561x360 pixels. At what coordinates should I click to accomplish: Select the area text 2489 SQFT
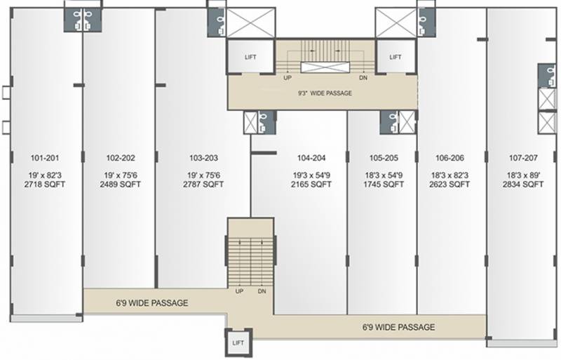click(120, 185)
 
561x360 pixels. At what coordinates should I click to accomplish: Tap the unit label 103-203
click(203, 158)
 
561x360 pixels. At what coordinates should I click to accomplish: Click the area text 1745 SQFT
click(384, 185)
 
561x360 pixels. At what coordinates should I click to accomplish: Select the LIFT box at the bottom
click(238, 342)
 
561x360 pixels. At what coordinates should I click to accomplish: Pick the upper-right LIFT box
click(396, 57)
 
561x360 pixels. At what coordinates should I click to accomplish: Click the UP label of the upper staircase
click(287, 78)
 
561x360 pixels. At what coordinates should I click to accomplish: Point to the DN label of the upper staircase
click(363, 78)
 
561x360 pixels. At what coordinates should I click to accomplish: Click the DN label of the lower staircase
click(262, 291)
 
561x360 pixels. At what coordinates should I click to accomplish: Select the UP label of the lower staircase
click(240, 291)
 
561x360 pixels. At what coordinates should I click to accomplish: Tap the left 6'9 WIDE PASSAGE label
click(152, 303)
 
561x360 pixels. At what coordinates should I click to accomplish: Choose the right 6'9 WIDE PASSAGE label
click(398, 327)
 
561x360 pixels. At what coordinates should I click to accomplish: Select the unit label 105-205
click(384, 158)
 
